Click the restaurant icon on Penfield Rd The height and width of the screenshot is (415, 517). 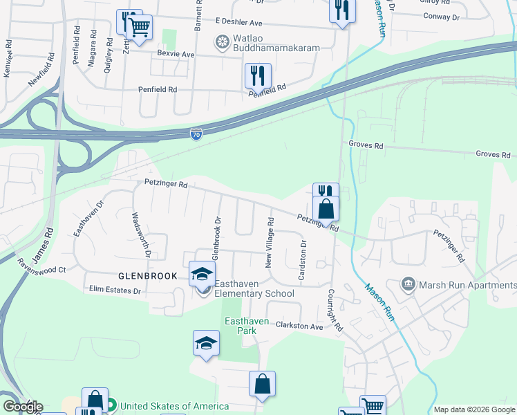click(258, 76)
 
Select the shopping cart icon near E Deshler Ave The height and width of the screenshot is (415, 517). click(140, 29)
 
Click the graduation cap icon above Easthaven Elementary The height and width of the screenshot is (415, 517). click(203, 274)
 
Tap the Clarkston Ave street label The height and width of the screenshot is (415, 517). click(299, 326)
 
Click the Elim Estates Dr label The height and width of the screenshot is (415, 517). click(115, 290)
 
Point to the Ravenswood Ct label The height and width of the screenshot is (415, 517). click(41, 266)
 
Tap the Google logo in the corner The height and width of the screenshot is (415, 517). click(23, 407)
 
